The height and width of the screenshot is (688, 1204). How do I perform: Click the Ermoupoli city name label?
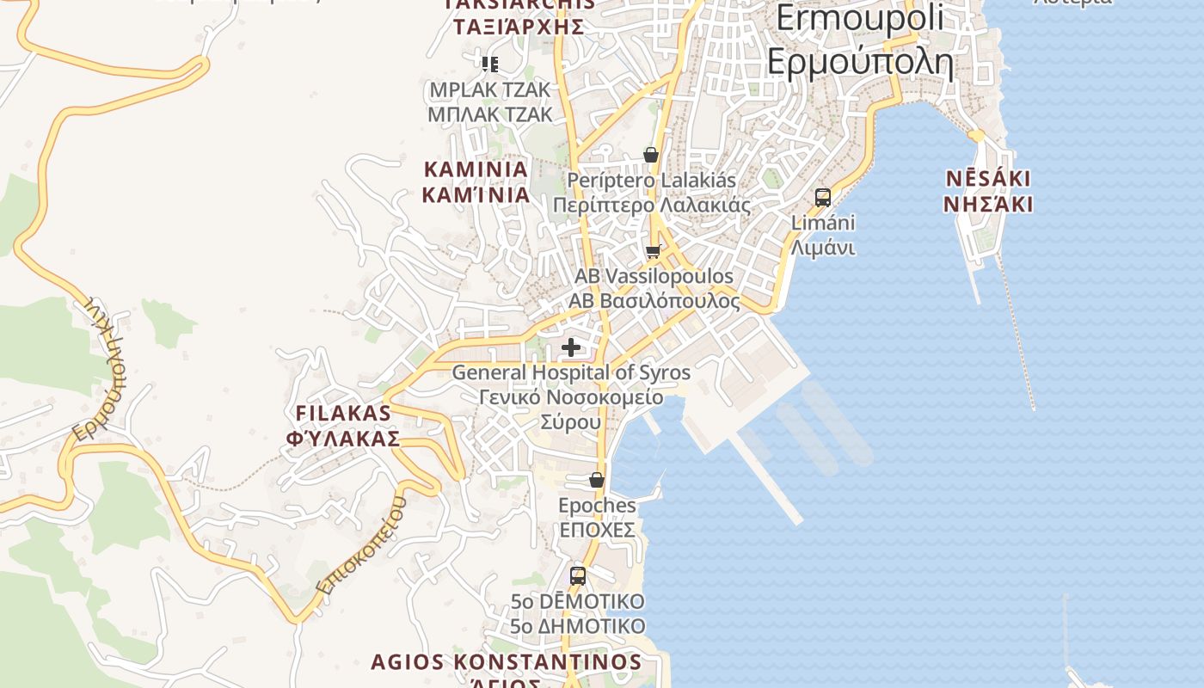pyautogui.click(x=859, y=40)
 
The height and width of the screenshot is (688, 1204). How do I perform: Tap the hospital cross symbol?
pyautogui.click(x=571, y=348)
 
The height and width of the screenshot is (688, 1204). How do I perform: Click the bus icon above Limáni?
pyautogui.click(x=823, y=198)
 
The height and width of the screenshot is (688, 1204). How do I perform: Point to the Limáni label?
pyautogui.click(x=823, y=235)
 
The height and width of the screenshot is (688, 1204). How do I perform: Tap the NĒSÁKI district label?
pyautogui.click(x=988, y=191)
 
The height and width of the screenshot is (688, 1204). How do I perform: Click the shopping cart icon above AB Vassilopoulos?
pyautogui.click(x=654, y=252)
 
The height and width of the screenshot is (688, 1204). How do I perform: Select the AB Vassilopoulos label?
pyautogui.click(x=654, y=289)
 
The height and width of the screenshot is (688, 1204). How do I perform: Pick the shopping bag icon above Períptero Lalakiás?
pyautogui.click(x=651, y=155)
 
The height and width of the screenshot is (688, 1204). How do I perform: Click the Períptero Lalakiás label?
pyautogui.click(x=651, y=193)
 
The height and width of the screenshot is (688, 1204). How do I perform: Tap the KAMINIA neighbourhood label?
pyautogui.click(x=476, y=181)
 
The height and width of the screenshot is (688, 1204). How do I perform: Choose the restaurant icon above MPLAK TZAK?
pyautogui.click(x=490, y=64)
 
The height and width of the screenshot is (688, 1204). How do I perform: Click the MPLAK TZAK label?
pyautogui.click(x=490, y=101)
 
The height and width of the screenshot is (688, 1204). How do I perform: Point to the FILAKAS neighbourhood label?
pyautogui.click(x=343, y=425)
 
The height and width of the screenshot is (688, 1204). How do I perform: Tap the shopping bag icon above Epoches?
pyautogui.click(x=597, y=480)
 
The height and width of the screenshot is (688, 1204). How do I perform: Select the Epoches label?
pyautogui.click(x=597, y=516)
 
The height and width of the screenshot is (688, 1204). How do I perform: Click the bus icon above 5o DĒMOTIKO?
pyautogui.click(x=578, y=575)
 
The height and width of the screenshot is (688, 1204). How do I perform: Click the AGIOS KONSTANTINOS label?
pyautogui.click(x=506, y=663)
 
